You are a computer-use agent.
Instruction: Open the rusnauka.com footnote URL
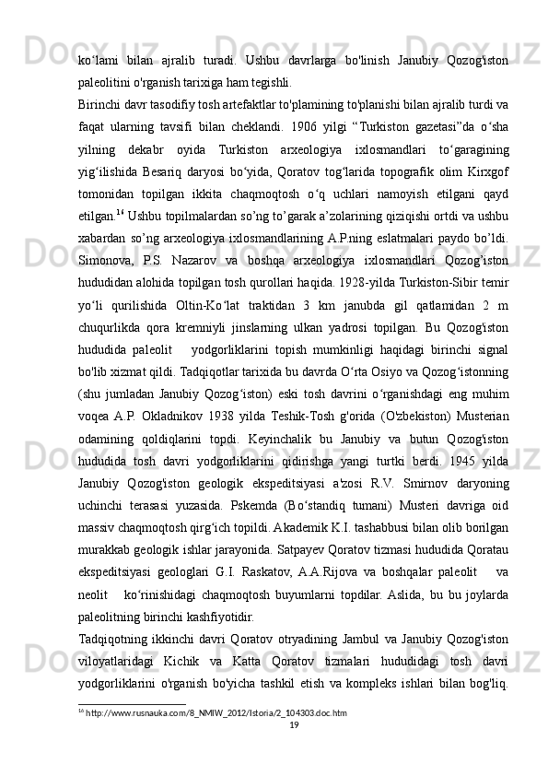(x=216, y=738)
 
